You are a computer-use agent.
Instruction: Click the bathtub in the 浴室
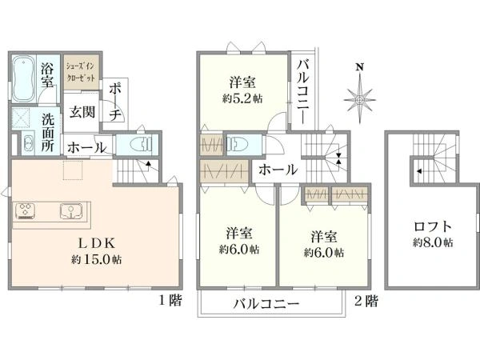(23, 78)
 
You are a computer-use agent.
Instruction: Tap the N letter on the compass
(360, 66)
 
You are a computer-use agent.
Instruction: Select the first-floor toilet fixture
(141, 144)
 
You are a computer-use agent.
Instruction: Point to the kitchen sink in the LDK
(71, 211)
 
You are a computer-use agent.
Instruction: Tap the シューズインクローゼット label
(81, 71)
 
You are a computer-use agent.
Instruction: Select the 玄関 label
(82, 112)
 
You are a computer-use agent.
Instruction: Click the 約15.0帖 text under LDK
(96, 259)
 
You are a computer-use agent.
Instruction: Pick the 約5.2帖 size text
(242, 98)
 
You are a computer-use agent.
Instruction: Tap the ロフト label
(433, 227)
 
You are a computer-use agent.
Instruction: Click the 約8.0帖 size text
(433, 242)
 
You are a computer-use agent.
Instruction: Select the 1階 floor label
(170, 300)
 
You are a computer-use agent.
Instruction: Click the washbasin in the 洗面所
(30, 143)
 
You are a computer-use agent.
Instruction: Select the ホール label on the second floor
(278, 170)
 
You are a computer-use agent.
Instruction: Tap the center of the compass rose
(360, 100)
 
